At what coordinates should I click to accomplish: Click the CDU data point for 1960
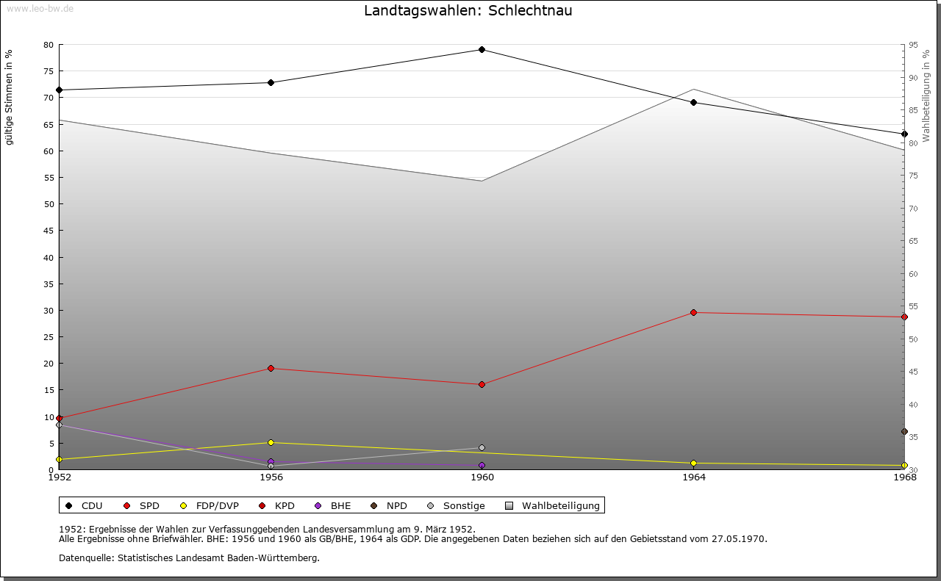482,50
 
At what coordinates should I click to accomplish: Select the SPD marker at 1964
693,313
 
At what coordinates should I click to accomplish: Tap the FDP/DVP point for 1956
271,442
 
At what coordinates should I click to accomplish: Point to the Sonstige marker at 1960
482,448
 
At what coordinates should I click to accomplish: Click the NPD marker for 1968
904,432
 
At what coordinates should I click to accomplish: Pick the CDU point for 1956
271,82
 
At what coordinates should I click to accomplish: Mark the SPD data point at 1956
271,368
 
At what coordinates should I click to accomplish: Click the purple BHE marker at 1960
482,465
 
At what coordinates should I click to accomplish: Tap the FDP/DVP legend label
217,505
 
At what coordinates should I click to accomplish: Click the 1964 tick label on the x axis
693,477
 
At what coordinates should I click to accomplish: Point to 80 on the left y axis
49,45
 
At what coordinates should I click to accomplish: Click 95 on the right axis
913,45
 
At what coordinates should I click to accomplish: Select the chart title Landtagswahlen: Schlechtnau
468,11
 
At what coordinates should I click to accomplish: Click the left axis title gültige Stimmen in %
10,97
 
